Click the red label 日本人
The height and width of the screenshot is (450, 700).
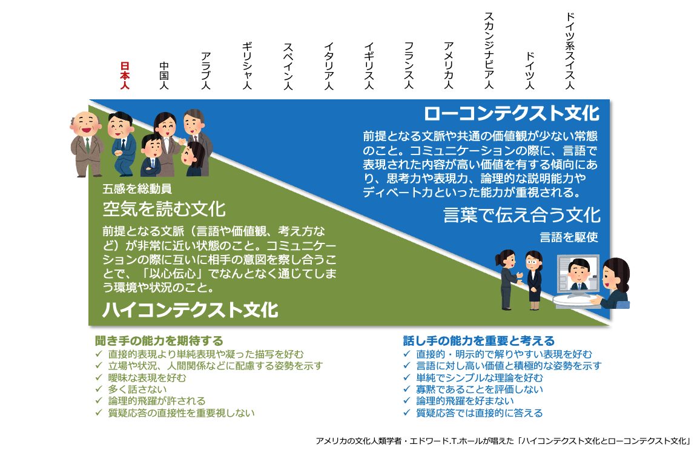(x=125, y=76)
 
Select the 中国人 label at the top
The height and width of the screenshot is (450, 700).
(x=164, y=76)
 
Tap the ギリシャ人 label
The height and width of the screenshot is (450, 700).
(x=247, y=65)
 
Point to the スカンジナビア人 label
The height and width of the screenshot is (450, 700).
(x=489, y=50)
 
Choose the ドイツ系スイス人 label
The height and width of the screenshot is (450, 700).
(x=570, y=50)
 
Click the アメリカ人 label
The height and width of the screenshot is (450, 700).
(x=449, y=65)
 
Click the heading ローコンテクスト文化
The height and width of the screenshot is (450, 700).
(x=512, y=113)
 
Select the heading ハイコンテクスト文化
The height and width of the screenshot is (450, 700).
(x=191, y=309)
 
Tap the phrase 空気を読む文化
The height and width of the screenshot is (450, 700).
(x=164, y=209)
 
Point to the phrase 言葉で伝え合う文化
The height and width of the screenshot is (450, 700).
(x=522, y=215)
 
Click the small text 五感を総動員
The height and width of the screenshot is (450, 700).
(x=137, y=189)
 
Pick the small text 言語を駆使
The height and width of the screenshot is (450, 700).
(x=569, y=237)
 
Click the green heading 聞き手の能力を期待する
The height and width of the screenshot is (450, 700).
(x=159, y=341)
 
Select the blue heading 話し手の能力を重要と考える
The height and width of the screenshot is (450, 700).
(x=478, y=341)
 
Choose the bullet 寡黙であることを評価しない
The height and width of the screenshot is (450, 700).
(x=480, y=389)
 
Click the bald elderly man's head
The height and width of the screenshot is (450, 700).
(x=86, y=124)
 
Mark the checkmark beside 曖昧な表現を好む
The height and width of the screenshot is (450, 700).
(x=99, y=377)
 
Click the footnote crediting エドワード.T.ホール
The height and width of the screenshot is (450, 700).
(x=503, y=441)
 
